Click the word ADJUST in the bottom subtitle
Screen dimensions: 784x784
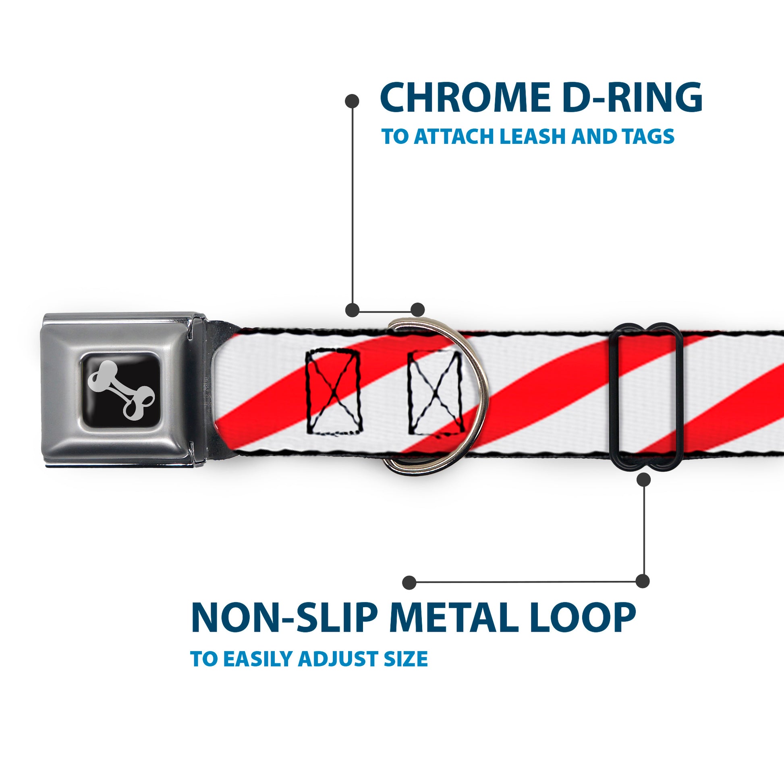click(x=339, y=659)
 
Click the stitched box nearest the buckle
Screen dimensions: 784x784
click(x=333, y=392)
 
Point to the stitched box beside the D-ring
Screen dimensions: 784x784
click(x=435, y=392)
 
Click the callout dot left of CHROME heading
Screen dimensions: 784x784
click(x=352, y=101)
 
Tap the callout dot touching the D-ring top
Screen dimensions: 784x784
click(x=417, y=310)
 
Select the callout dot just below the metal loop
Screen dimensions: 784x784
click(x=643, y=480)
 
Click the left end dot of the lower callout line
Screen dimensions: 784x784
click(x=409, y=583)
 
